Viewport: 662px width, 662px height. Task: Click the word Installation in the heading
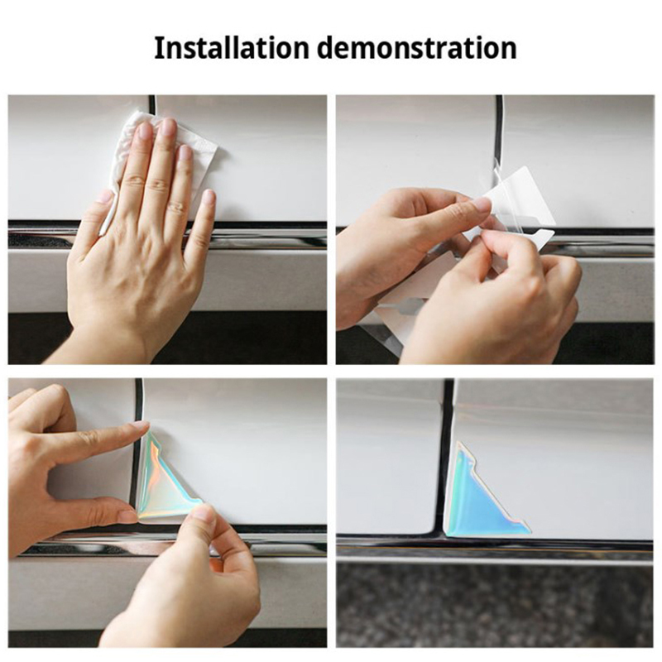[233, 48]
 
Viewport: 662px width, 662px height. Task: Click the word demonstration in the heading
[417, 48]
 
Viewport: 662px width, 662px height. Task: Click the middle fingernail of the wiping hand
[168, 127]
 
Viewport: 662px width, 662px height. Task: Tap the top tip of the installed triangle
[458, 443]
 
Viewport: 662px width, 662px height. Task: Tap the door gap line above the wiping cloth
[152, 103]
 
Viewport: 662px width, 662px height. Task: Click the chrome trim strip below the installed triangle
[495, 549]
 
